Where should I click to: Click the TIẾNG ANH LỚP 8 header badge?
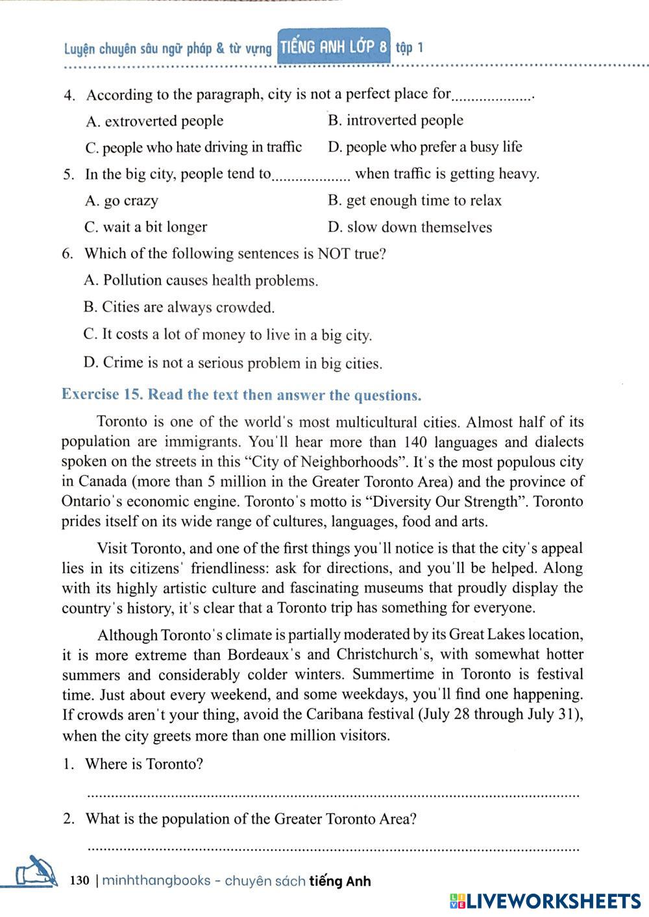[x=334, y=47]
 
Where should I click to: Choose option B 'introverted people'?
[x=395, y=120]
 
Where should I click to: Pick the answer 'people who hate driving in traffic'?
[x=193, y=147]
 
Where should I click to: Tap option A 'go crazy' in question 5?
[x=121, y=201]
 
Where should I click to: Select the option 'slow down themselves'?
[x=410, y=227]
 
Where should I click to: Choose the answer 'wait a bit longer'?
[x=146, y=227]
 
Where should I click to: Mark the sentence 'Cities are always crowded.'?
[x=179, y=307]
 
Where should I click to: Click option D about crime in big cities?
[x=233, y=363]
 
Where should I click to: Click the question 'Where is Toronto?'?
[x=144, y=764]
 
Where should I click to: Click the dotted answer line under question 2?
[x=332, y=848]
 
